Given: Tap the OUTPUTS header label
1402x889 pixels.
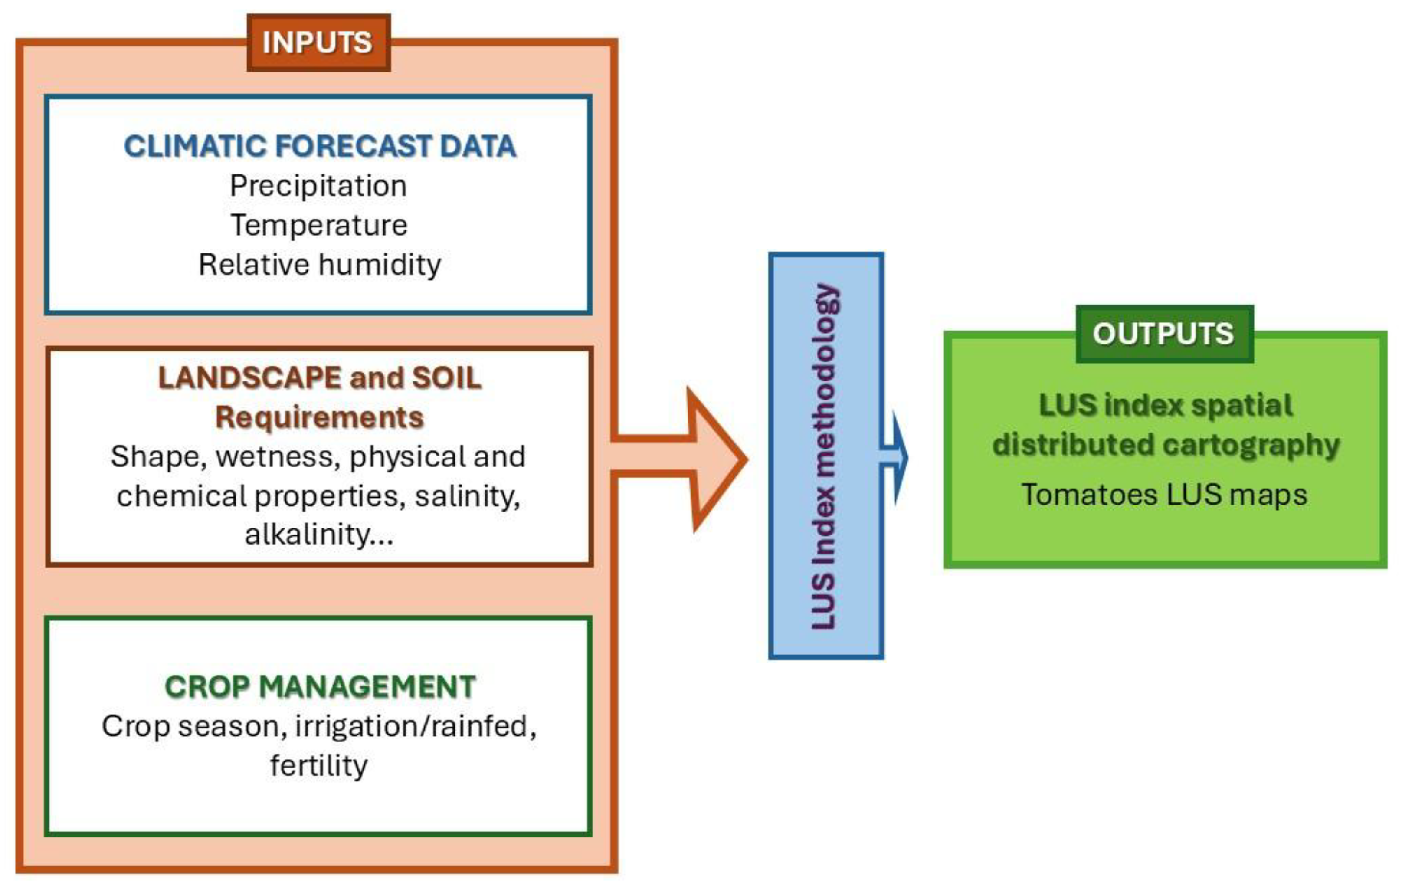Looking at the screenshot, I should point(1163,334).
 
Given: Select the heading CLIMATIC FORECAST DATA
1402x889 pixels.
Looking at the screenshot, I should point(320,146).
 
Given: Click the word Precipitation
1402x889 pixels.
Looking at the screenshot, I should point(318,186).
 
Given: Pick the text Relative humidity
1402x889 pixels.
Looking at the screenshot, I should point(320,265).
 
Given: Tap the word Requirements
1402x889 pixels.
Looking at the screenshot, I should point(320,417).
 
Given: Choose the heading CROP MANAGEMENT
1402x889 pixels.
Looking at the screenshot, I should point(320,687).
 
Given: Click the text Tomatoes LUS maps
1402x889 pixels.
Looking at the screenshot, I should point(1164,495).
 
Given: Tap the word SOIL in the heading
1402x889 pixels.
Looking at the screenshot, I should point(446,378).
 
